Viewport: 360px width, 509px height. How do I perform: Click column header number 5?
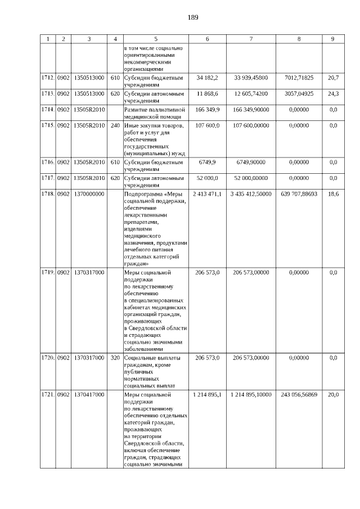coord(155,39)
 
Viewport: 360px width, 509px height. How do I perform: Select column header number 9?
coord(333,39)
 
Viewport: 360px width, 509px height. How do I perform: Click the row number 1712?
coord(48,77)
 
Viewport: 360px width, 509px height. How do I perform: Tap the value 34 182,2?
coord(208,77)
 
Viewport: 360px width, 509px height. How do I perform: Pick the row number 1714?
coord(48,110)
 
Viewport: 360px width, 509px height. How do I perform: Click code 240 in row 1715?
coord(115,125)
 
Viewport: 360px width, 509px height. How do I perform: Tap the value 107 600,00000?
coord(251,125)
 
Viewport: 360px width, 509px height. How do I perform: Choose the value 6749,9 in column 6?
coord(208,162)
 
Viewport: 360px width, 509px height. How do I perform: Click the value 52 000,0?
coord(208,178)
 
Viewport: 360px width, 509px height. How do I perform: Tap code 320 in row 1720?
coord(115,358)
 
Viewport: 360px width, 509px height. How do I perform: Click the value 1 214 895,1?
coord(208,395)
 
